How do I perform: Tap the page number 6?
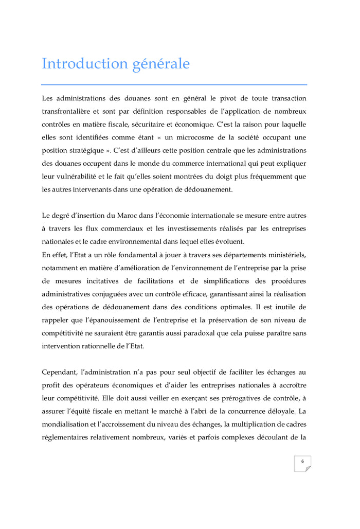[302, 461]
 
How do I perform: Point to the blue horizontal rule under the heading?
[174, 84]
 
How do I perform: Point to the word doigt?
[224, 177]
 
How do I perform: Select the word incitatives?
[109, 280]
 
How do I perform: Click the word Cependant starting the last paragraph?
[60, 372]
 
